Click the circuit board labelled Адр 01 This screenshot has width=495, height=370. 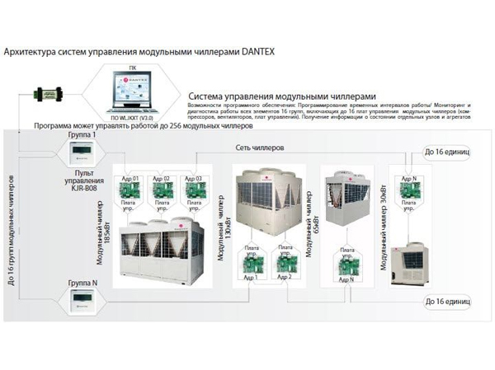click(x=131, y=190)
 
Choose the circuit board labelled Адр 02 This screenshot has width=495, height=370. click(x=162, y=190)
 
